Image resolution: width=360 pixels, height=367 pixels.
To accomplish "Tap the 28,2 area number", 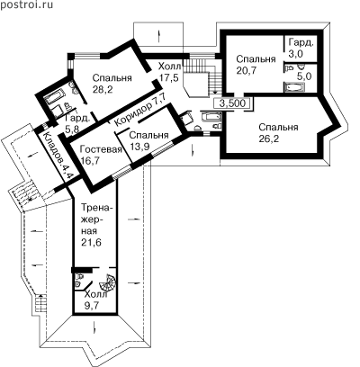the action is pyautogui.click(x=103, y=89).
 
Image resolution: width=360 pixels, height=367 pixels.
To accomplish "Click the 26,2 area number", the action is pyautogui.click(x=268, y=139).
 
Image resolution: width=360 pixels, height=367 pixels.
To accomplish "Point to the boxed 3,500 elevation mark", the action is pyautogui.click(x=232, y=103).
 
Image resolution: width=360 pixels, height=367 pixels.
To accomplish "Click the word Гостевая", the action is pyautogui.click(x=101, y=149).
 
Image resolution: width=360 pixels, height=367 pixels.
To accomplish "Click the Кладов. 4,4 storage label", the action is pyautogui.click(x=56, y=156).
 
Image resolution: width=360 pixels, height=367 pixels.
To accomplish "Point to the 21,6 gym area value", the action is pyautogui.click(x=92, y=242).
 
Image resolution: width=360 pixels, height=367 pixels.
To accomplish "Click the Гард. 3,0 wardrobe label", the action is pyautogui.click(x=300, y=48).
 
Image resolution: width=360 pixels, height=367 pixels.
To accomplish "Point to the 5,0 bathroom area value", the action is pyautogui.click(x=304, y=76).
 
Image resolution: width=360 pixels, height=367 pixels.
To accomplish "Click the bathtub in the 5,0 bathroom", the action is pyautogui.click(x=294, y=88).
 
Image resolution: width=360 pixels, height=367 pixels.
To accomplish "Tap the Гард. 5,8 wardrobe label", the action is pyautogui.click(x=77, y=123).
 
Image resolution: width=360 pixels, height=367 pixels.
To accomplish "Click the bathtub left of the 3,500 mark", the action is pyautogui.click(x=211, y=116).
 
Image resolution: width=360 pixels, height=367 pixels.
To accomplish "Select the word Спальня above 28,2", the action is pyautogui.click(x=112, y=78).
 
